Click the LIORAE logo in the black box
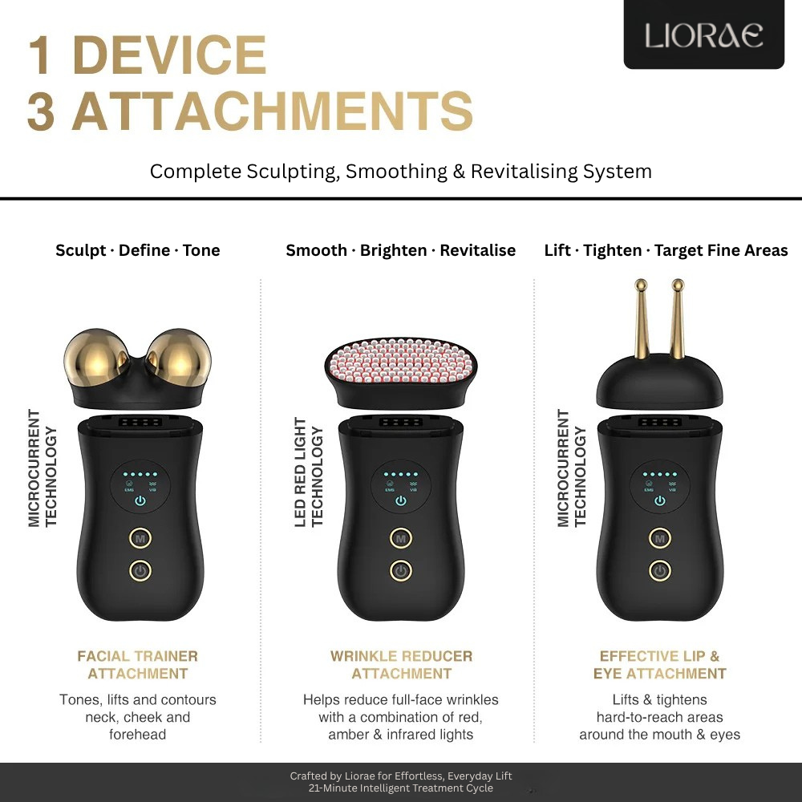coord(703,35)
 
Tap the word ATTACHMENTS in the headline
coord(273,111)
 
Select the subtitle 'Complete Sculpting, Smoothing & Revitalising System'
coord(400,171)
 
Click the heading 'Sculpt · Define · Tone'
coord(137,250)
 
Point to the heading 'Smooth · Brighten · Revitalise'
coord(400,250)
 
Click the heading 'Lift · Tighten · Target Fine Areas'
coord(666,250)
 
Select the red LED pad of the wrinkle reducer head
coord(400,357)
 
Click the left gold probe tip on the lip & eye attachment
coord(640,285)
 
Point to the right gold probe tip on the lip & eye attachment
coord(678,285)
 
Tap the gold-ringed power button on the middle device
coord(400,571)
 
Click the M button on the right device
coord(659,538)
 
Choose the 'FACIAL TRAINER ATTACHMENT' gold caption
coord(137,665)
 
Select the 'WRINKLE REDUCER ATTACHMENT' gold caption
coord(401,665)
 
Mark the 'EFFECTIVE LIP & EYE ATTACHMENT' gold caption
coord(659,665)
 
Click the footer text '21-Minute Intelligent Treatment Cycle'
coord(401,788)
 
